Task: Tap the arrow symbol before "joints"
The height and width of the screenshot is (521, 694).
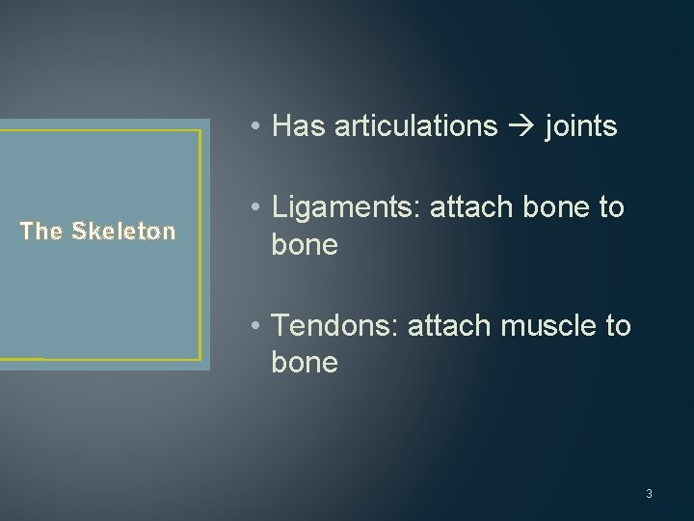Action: click(x=521, y=126)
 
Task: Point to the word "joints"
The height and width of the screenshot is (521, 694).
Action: click(x=580, y=126)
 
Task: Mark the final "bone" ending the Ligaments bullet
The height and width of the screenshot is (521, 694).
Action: click(x=305, y=245)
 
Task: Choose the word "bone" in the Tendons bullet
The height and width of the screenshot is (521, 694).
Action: click(x=305, y=363)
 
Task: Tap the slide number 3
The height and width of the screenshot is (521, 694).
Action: click(x=649, y=494)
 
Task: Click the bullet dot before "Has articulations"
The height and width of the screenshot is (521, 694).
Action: click(x=252, y=127)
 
